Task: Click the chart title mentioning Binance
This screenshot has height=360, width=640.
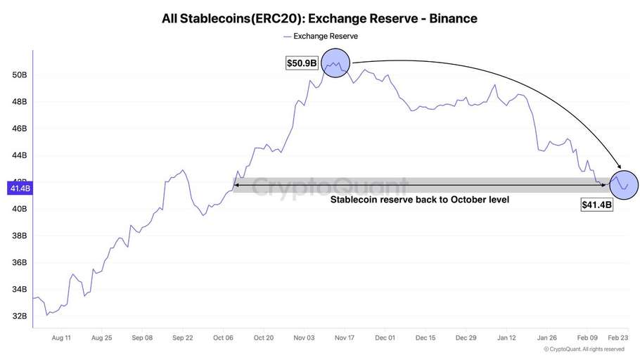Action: tap(319, 18)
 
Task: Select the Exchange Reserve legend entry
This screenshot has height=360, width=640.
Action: tap(320, 36)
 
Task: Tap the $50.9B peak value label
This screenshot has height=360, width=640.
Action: tap(302, 63)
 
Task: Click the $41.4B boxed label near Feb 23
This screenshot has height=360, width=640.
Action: tap(596, 205)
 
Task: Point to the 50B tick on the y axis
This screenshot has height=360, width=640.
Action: tap(19, 75)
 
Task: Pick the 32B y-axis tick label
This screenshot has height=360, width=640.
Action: tap(19, 316)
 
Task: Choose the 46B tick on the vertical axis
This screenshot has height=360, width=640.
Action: tap(19, 129)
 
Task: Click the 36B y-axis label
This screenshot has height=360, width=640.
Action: tap(19, 262)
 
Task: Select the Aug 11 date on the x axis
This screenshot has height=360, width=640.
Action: tap(61, 337)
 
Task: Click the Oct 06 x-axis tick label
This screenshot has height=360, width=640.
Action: tap(224, 337)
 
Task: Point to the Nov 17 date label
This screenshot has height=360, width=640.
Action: tap(345, 337)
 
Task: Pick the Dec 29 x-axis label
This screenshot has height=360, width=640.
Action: tap(466, 337)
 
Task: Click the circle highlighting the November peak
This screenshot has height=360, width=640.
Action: tap(336, 65)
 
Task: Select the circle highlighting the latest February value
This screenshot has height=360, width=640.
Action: tap(624, 184)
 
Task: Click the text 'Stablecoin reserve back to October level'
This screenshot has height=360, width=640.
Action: tap(420, 200)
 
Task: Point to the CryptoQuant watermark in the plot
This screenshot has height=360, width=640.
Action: tap(329, 188)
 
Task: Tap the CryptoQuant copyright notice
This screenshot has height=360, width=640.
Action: tap(584, 349)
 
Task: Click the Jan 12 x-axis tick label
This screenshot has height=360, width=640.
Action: tap(506, 337)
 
